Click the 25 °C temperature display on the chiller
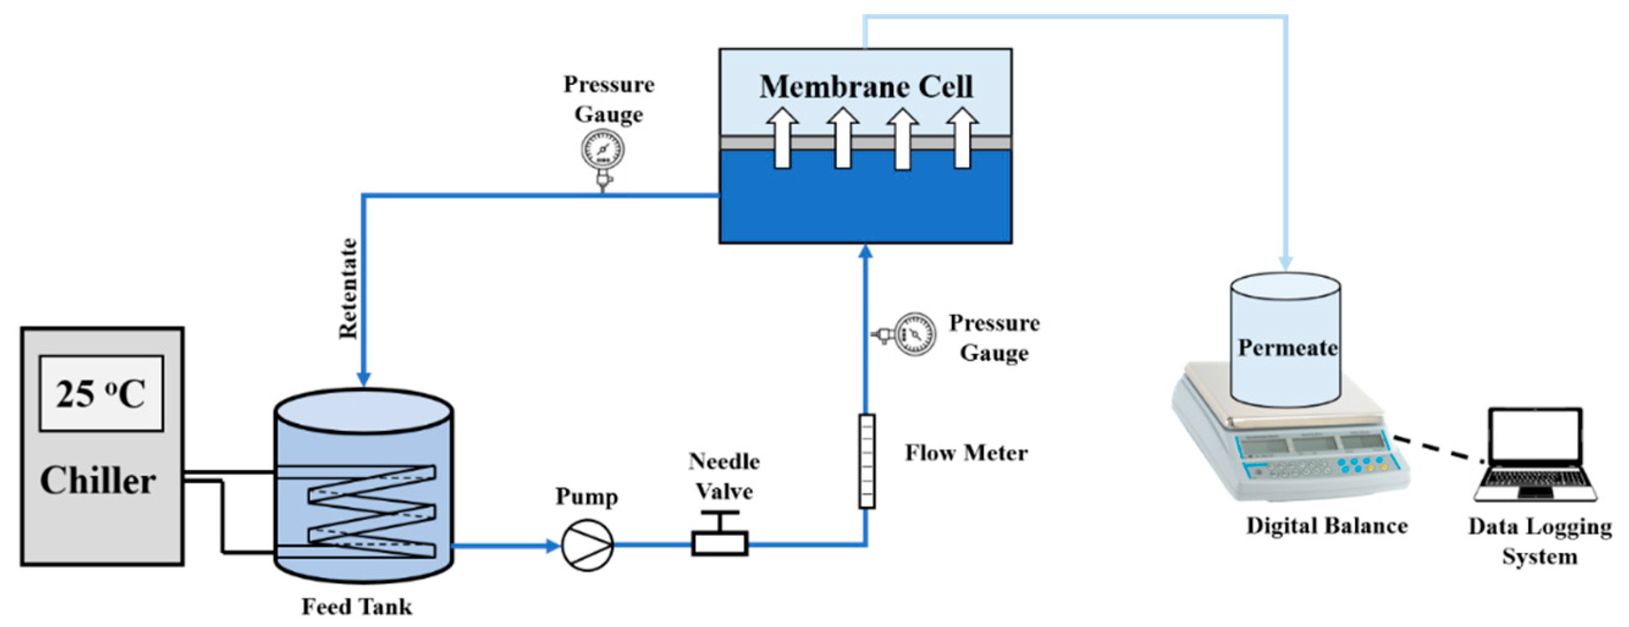coord(101,393)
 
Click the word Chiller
coord(98,481)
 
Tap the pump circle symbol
coord(587,545)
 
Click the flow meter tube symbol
coord(866,461)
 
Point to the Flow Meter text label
coord(966,453)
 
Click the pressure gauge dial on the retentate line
coord(602,150)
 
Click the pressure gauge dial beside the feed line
coord(915,334)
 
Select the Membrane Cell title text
coord(866,87)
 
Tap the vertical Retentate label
coord(348,288)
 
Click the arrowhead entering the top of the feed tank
coord(365,377)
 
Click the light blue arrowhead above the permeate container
coord(1285,262)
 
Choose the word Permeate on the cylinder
coord(1286,347)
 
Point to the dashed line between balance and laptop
coord(1438,449)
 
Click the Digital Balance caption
coord(1326,526)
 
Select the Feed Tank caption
coord(357,607)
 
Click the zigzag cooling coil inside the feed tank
coord(372,512)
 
